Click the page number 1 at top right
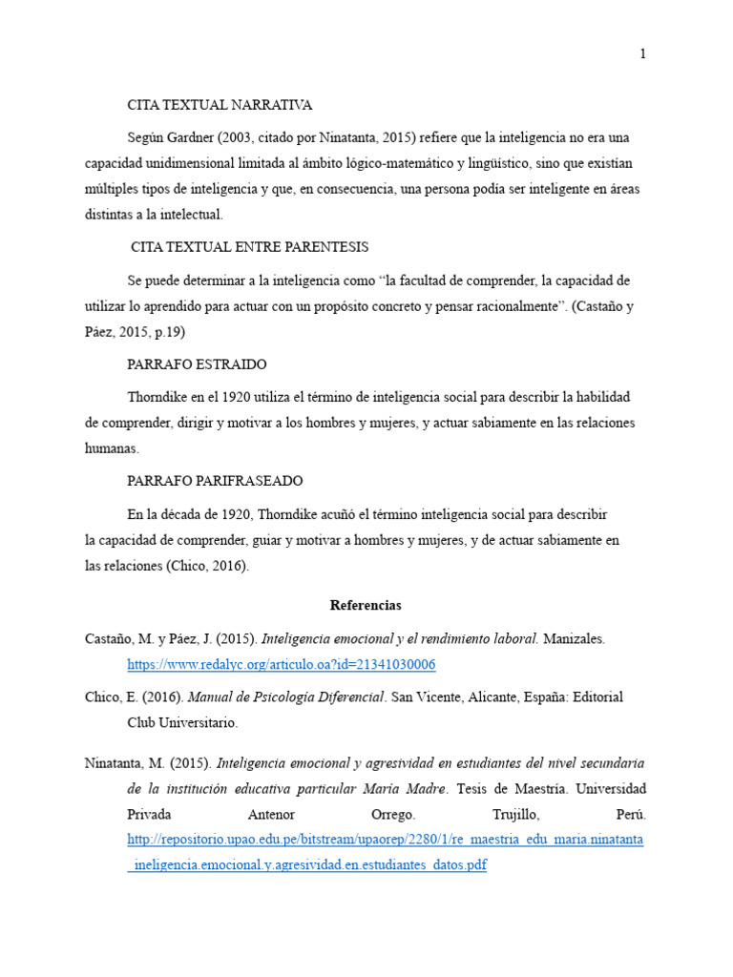point(643,53)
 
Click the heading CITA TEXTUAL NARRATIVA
point(220,105)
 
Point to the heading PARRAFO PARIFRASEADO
point(215,481)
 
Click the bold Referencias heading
point(366,605)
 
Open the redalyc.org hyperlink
point(282,664)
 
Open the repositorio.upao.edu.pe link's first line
point(386,840)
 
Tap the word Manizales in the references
point(574,638)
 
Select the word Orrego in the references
point(392,815)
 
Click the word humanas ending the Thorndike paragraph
point(111,447)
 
